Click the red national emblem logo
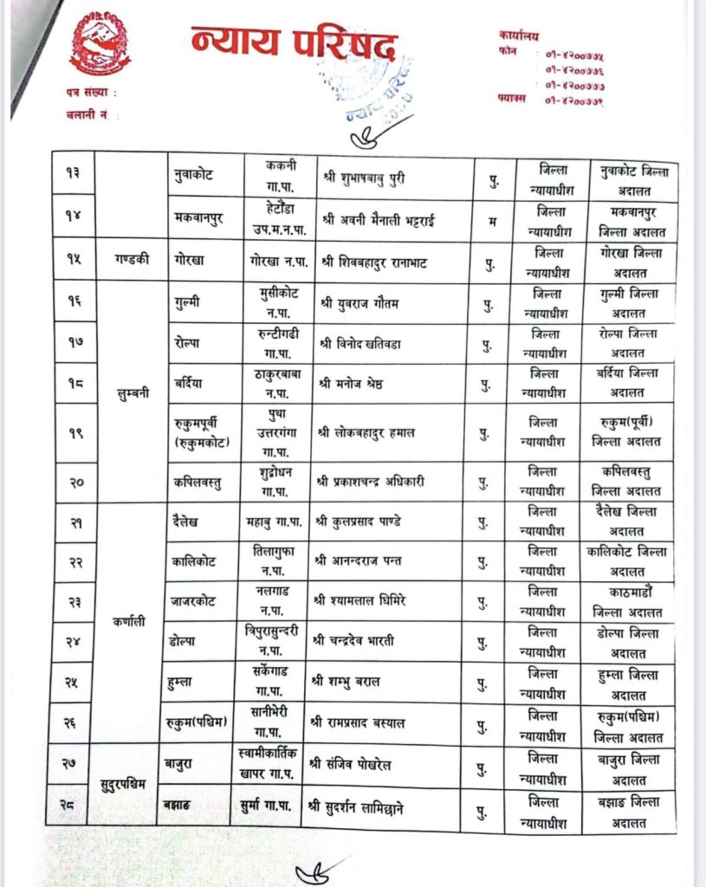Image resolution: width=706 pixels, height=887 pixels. click(x=100, y=43)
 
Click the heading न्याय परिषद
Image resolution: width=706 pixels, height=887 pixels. click(x=295, y=43)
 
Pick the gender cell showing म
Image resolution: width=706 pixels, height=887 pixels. click(x=492, y=220)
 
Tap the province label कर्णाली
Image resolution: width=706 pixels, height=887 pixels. click(x=131, y=621)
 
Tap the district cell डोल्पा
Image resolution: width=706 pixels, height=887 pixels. click(x=187, y=641)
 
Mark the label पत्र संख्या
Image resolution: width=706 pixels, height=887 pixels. click(x=89, y=93)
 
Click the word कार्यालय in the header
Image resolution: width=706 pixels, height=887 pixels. click(x=519, y=36)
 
